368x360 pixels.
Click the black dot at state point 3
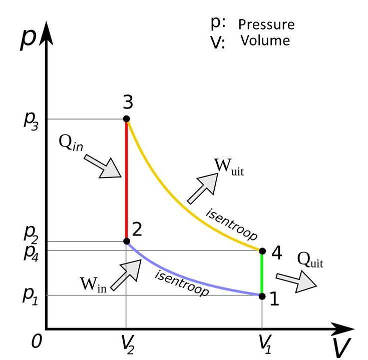tap(126, 119)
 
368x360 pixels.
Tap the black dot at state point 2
tap(126, 241)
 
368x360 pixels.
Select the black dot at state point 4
tap(262, 250)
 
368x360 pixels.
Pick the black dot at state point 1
tap(262, 295)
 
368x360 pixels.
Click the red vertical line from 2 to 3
tap(126, 180)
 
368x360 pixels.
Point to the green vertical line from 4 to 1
tap(262, 273)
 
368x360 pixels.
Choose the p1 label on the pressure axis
tap(30, 295)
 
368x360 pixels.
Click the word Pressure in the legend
tap(266, 24)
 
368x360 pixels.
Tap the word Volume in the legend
tap(265, 40)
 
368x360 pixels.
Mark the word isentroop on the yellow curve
tap(231, 220)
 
